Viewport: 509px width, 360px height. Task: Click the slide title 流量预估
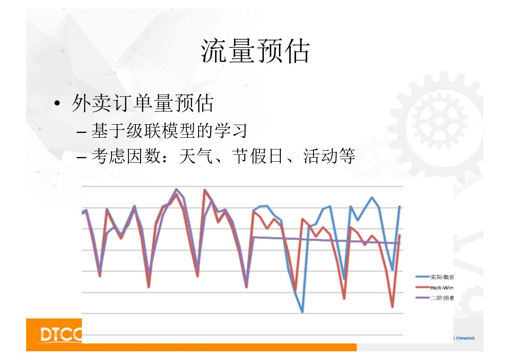[255, 51]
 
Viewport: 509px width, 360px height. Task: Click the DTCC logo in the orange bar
[61, 334]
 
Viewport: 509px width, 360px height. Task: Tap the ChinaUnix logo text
[465, 338]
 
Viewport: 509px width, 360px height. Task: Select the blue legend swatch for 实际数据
[422, 277]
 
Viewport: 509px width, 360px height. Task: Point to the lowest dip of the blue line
[302, 312]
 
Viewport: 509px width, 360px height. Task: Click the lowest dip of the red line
[392, 307]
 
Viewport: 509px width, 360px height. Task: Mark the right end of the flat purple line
[399, 243]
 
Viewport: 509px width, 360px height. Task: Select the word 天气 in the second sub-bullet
[192, 156]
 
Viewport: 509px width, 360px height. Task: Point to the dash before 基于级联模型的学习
[82, 131]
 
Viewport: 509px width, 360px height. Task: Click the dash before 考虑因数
[82, 156]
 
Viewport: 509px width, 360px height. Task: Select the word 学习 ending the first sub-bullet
[236, 130]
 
